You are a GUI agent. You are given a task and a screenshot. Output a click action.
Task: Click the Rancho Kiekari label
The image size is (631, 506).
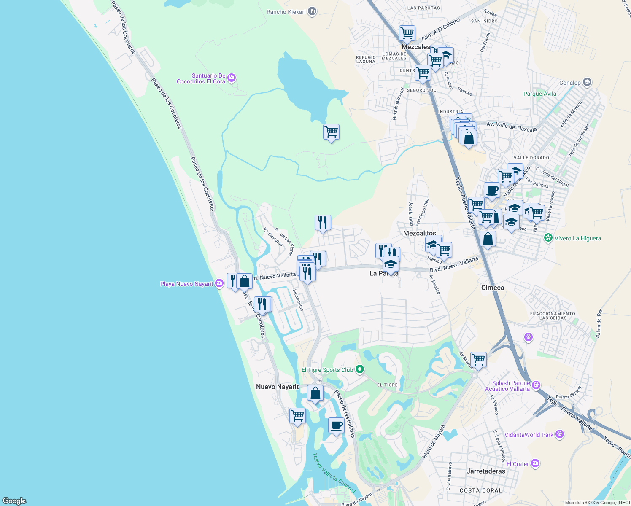pyautogui.click(x=286, y=12)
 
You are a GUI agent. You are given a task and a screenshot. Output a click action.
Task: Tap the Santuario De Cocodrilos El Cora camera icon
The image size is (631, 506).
pyautogui.click(x=231, y=78)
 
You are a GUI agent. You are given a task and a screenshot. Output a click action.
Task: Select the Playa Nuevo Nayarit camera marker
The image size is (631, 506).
pyautogui.click(x=219, y=283)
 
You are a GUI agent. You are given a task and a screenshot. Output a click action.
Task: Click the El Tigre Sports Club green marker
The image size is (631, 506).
pyautogui.click(x=359, y=369)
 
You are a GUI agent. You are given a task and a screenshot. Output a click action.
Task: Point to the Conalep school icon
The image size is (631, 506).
pyautogui.click(x=587, y=82)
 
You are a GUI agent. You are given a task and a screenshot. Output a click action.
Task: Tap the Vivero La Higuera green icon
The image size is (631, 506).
pyautogui.click(x=548, y=238)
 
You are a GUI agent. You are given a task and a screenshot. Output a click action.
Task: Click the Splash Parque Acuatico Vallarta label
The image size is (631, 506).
pyautogui.click(x=511, y=386)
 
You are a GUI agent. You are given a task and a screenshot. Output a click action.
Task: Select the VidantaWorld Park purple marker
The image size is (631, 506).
pyautogui.click(x=560, y=434)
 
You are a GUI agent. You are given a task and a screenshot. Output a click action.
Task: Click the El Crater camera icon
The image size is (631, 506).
pyautogui.click(x=535, y=463)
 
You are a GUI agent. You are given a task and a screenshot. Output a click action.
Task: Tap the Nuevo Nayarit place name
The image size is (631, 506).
pyautogui.click(x=277, y=387)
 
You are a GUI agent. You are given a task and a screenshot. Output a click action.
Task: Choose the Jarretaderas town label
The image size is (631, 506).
pyautogui.click(x=486, y=471)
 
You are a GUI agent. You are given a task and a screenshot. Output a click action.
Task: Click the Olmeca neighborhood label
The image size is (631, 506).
pyautogui.click(x=493, y=288)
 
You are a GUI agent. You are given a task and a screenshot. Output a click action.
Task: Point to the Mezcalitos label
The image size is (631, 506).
pyautogui.click(x=420, y=233)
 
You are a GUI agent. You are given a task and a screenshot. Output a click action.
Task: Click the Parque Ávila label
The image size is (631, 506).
pyautogui.click(x=540, y=94)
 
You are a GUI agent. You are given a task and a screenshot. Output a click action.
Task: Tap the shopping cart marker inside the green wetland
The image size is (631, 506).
pyautogui.click(x=331, y=132)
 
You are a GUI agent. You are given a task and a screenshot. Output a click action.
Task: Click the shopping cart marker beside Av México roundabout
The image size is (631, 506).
pyautogui.click(x=478, y=360)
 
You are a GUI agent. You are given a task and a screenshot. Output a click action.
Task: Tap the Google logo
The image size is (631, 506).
pyautogui.click(x=14, y=501)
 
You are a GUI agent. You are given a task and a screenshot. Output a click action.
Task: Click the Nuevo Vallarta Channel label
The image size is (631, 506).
pyautogui.click(x=334, y=473)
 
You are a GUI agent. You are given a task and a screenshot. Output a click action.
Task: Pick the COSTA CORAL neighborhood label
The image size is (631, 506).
pyautogui.click(x=481, y=490)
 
